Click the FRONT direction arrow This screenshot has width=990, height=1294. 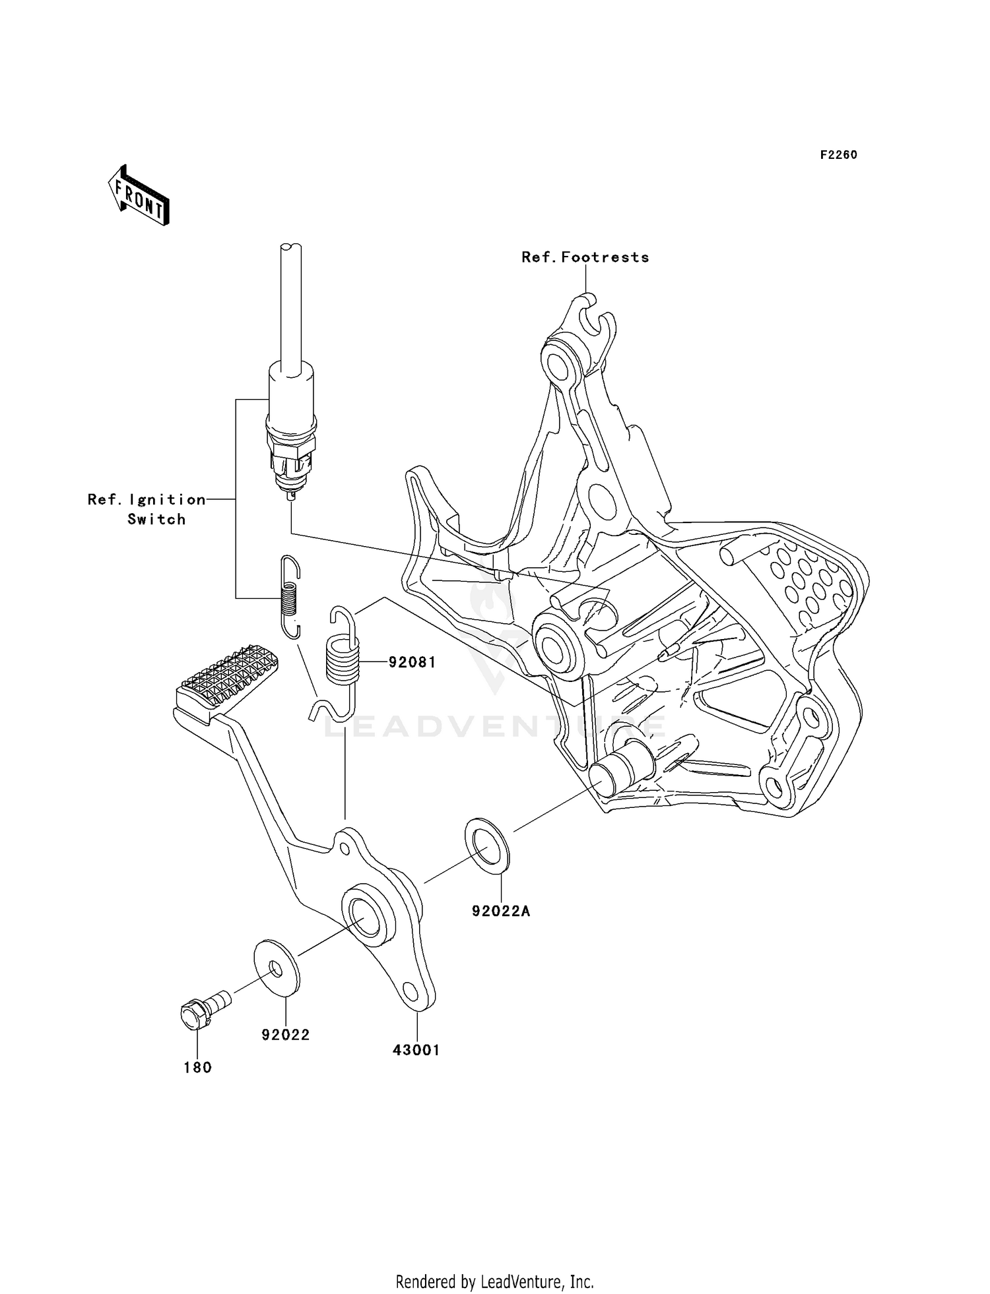coord(139,195)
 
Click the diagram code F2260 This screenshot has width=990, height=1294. coord(838,155)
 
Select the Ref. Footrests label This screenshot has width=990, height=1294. coord(585,257)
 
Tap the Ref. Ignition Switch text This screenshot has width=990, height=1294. coord(147,509)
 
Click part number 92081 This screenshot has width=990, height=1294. coord(412,662)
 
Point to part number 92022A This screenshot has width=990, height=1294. coord(501,911)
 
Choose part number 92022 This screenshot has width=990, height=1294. coord(285,1035)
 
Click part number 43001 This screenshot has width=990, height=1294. coord(416,1050)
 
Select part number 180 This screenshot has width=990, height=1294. coord(197,1068)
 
